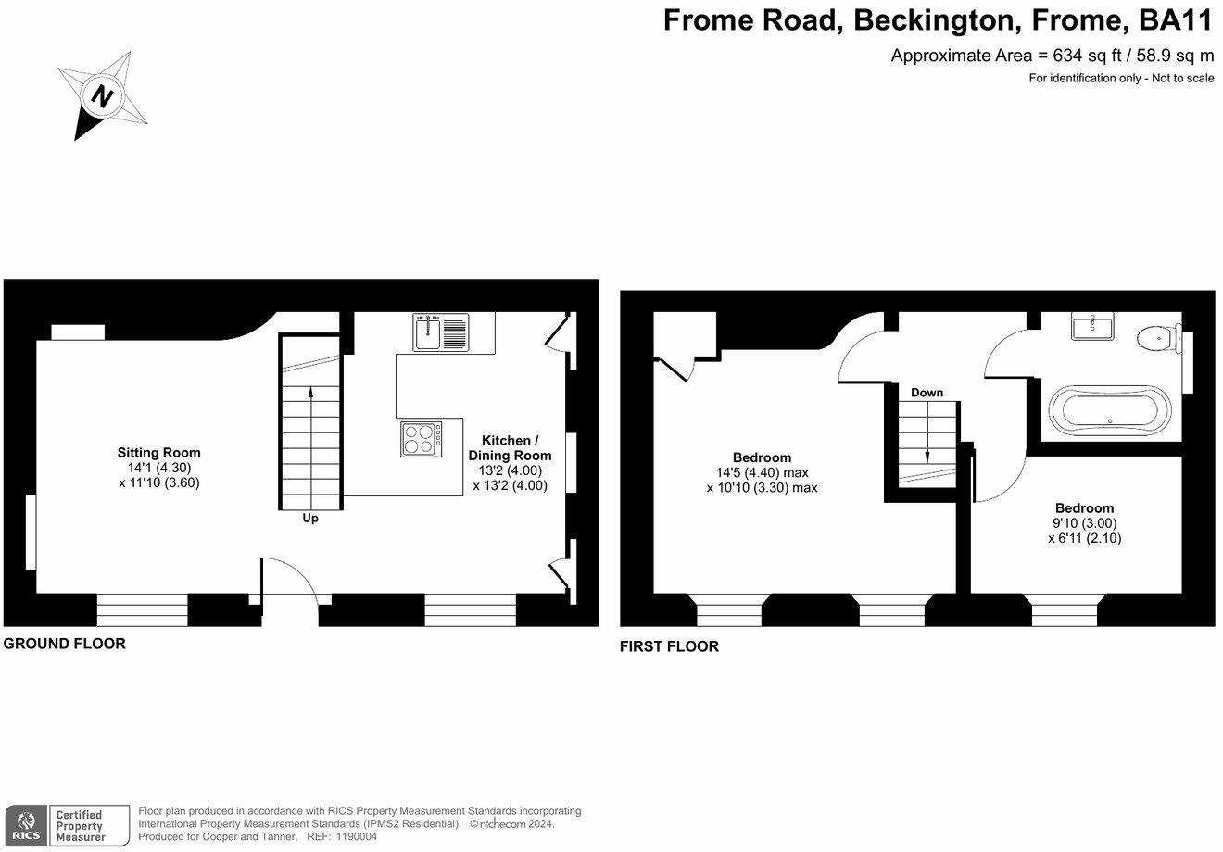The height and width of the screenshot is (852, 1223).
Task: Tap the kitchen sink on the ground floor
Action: pos(442,332)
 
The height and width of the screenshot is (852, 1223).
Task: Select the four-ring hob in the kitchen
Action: pos(422,438)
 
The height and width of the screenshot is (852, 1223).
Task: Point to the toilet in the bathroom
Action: pos(1160,338)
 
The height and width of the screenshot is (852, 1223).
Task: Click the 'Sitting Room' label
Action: pos(158,453)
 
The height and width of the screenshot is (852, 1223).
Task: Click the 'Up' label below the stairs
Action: pos(310,519)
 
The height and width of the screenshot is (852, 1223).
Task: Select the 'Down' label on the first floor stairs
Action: pos(927,393)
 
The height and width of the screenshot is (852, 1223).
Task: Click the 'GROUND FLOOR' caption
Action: pos(65,644)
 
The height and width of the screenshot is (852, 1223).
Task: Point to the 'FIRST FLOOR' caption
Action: pos(669,646)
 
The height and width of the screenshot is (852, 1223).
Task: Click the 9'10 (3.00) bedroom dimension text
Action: pos(1084,522)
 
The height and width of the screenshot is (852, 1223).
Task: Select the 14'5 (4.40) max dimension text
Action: pos(762,472)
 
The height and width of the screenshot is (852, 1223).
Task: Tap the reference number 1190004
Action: pos(354,836)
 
